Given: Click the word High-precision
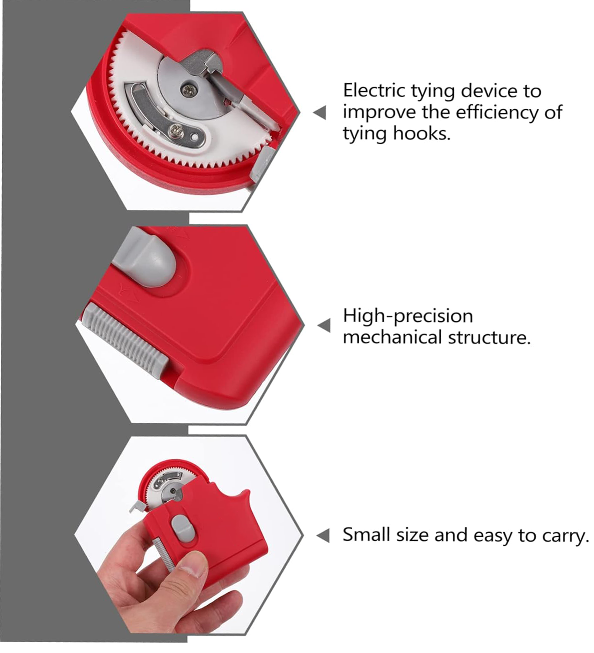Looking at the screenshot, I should pyautogui.click(x=408, y=316).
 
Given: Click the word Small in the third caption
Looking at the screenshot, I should pyautogui.click(x=366, y=535).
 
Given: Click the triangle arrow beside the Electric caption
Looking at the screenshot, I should pyautogui.click(x=320, y=112).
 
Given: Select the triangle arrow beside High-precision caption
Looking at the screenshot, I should pyautogui.click(x=324, y=325).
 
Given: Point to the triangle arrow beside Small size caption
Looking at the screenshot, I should pyautogui.click(x=323, y=535).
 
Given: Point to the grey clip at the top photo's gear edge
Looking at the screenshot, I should pyautogui.click(x=261, y=163).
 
